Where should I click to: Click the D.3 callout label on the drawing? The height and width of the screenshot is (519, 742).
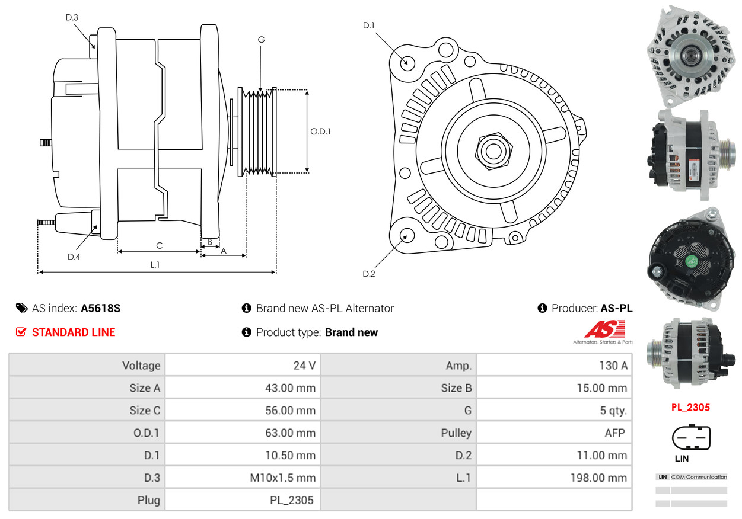coord(72,17)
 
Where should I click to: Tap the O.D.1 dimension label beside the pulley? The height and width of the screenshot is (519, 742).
coord(320,132)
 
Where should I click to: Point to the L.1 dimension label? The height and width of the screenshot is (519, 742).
coord(155,265)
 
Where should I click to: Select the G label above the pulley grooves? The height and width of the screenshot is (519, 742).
coord(261,40)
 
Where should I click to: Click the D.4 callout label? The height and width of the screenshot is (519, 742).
coord(74,257)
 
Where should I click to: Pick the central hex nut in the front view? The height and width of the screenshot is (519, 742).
coord(492,150)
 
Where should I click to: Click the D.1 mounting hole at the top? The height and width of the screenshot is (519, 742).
coord(407,62)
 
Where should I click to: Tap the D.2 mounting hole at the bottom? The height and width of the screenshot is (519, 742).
coord(406,236)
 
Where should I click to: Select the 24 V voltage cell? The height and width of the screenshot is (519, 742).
coord(304,366)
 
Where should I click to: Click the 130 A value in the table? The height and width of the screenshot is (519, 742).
coord(613,366)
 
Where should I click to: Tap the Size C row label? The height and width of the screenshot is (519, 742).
coord(145,411)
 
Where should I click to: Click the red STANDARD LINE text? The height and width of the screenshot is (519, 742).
coord(74,332)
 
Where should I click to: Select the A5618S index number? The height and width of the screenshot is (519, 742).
coord(101,309)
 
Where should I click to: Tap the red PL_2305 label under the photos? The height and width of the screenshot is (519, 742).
coord(690,407)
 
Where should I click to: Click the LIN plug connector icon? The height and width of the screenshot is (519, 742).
coord(690,438)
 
